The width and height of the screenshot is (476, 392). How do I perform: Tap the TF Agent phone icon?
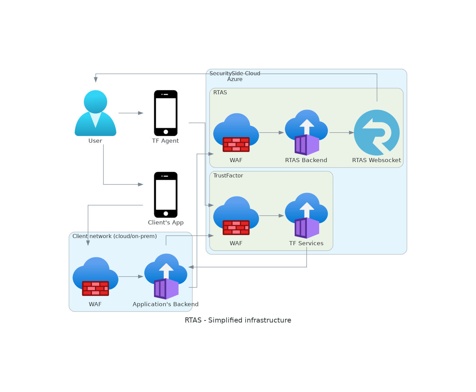tap(166, 113)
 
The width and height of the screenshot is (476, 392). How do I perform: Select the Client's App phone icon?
tap(166, 195)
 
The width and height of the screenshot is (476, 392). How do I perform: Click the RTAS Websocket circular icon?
tap(377, 132)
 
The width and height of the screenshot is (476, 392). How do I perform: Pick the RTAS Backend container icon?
tap(307, 132)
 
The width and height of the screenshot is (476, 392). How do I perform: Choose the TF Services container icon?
tap(307, 216)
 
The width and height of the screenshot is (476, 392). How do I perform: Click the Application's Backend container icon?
tap(166, 277)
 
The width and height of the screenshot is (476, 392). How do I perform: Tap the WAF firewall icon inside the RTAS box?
tap(236, 132)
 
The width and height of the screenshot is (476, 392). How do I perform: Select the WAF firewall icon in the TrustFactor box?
tap(236, 216)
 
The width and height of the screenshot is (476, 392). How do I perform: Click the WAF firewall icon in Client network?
tap(95, 277)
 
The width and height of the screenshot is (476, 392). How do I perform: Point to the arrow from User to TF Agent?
tap(131, 113)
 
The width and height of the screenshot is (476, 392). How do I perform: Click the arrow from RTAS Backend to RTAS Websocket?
tap(341, 132)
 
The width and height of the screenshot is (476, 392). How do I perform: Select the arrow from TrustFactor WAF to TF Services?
tap(271, 216)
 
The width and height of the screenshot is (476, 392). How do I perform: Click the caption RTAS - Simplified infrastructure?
tap(238, 320)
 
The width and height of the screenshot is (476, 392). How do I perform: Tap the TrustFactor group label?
tap(228, 176)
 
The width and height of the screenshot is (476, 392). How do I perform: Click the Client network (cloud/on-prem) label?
tap(115, 236)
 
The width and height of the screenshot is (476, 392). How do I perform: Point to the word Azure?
tap(235, 79)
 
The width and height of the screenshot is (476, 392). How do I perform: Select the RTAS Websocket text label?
tap(376, 160)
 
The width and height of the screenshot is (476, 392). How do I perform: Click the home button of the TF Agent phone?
tap(166, 132)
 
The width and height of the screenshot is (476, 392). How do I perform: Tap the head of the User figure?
tap(95, 101)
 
